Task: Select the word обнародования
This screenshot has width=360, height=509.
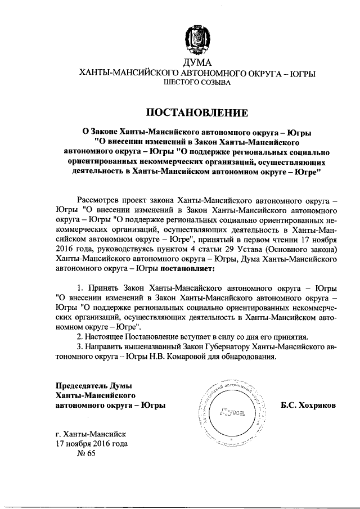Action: click(247, 357)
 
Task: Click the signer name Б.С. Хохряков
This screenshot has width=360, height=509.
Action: click(308, 405)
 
